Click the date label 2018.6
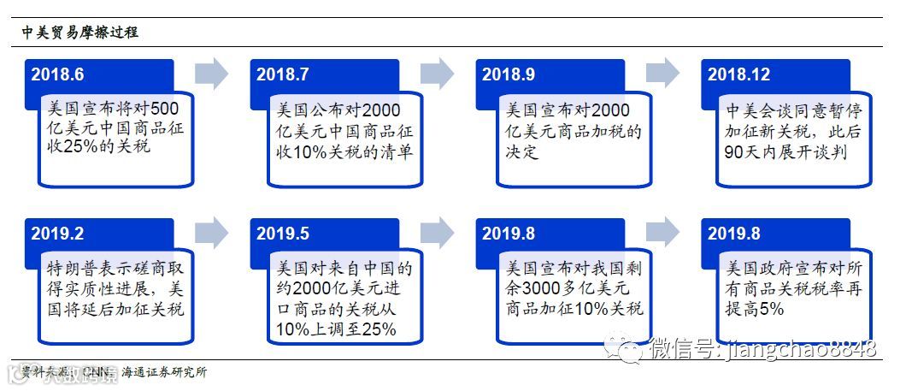[57, 74]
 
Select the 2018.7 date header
[282, 74]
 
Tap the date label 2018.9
[508, 74]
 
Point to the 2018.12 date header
[738, 74]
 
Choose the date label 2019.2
[57, 233]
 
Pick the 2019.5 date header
[282, 233]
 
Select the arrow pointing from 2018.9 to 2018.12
[662, 74]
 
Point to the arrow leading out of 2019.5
[437, 232]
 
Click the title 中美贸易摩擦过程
[80, 33]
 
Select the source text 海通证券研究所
[164, 372]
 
